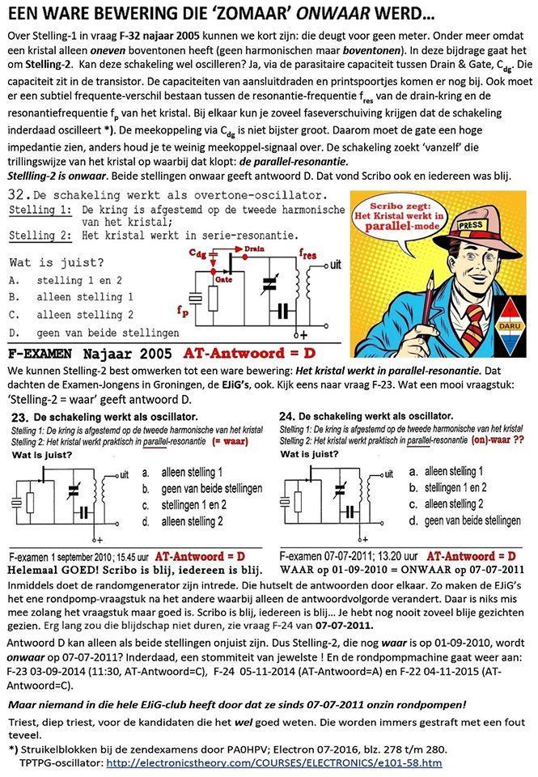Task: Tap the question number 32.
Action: (17, 197)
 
